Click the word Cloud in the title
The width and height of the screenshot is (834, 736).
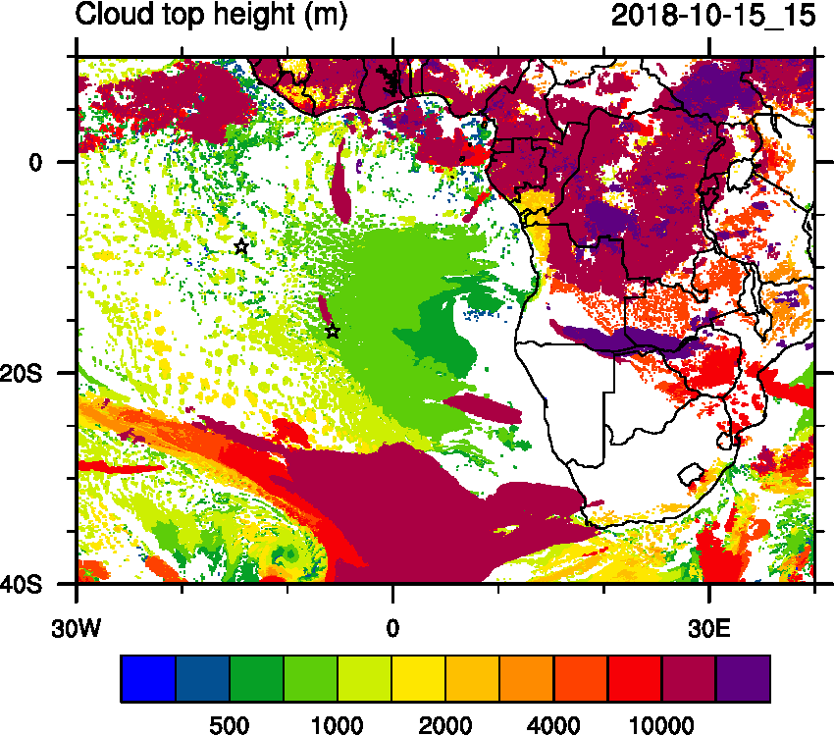tap(118, 16)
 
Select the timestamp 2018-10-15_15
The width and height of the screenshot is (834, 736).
tap(713, 16)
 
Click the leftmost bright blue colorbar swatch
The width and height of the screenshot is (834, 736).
tap(148, 679)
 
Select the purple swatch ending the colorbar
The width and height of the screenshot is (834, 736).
tap(743, 679)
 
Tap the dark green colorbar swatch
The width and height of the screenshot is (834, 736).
tap(256, 679)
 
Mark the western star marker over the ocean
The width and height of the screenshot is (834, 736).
tap(241, 246)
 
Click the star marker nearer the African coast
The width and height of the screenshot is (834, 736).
tap(333, 331)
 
